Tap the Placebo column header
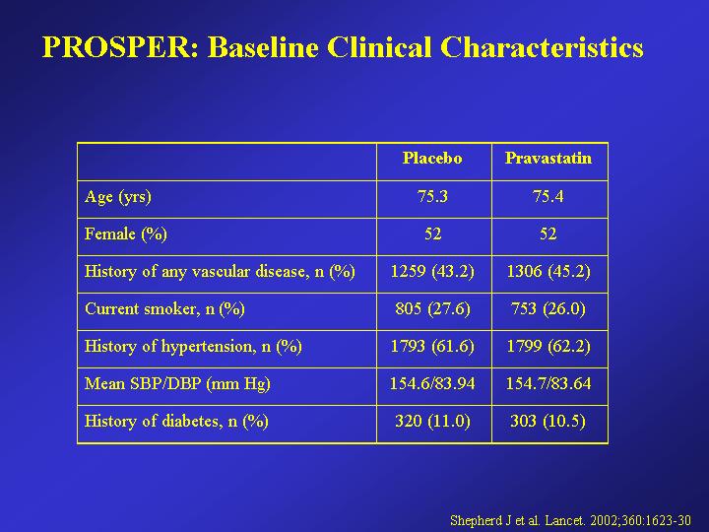[432, 158]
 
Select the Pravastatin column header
[548, 158]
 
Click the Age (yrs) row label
[118, 197]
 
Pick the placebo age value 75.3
[432, 196]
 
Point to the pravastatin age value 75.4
[548, 196]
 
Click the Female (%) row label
[126, 233]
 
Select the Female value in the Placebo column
[432, 233]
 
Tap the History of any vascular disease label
[220, 272]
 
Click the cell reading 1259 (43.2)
[432, 272]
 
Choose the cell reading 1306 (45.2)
[548, 272]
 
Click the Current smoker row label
[164, 309]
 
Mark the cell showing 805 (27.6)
[432, 309]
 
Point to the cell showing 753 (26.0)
[548, 309]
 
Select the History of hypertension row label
[193, 347]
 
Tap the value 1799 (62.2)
[548, 347]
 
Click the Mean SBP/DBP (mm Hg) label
[177, 383]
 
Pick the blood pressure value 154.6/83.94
[432, 383]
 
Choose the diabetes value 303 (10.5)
[548, 422]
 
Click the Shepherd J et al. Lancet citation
[570, 520]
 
